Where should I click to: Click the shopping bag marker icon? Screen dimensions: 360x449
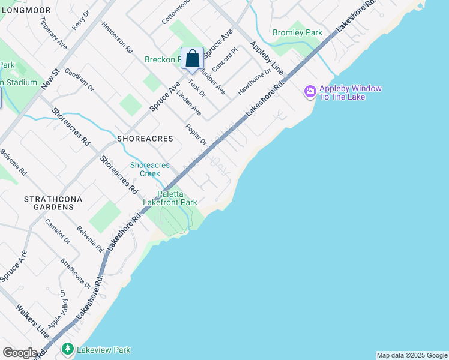192,59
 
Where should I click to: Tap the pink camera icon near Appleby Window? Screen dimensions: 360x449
310,91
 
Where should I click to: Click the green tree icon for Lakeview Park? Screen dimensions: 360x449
68,349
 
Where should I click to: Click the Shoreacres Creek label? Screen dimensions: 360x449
150,169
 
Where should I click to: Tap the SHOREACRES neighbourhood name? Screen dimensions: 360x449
145,139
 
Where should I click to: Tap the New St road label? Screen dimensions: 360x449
49,80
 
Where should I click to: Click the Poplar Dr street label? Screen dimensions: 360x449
196,136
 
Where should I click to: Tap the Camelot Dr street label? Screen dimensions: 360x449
58,231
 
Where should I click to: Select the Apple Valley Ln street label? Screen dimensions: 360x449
58,308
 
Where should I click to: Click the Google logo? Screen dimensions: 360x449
20,352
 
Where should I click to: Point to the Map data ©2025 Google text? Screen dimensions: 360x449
412,355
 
